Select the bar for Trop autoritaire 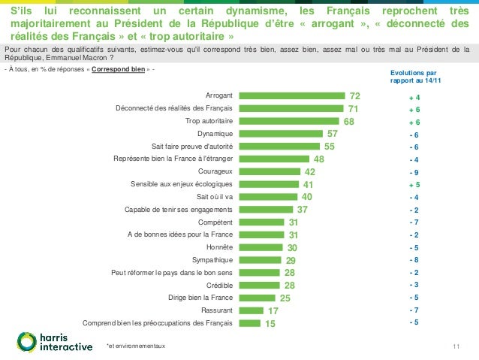click(289, 121)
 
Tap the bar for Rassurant click(251, 310)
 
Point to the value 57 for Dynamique click(332, 134)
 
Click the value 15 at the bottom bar click(270, 323)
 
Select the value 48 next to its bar click(318, 159)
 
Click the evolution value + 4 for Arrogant click(414, 98)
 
